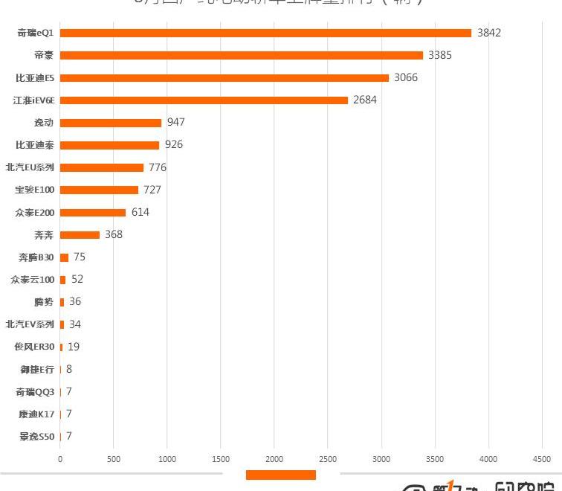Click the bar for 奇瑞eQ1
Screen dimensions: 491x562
(x=265, y=33)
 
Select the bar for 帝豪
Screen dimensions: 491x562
(x=241, y=55)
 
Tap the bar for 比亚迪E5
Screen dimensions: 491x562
(x=224, y=78)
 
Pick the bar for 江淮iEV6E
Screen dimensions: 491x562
(x=204, y=100)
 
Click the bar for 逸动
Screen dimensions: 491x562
(x=111, y=123)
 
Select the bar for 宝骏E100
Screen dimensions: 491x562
(x=99, y=190)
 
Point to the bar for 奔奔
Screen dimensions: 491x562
(x=80, y=235)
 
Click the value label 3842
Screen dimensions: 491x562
(x=489, y=33)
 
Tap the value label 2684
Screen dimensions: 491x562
(x=365, y=100)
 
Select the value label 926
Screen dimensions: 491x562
(x=174, y=144)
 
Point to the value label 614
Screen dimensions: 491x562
(x=140, y=212)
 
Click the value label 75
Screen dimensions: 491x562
(x=80, y=257)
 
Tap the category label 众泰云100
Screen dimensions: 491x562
(x=33, y=280)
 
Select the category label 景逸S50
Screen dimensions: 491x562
(x=36, y=437)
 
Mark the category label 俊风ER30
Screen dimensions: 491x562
(x=34, y=347)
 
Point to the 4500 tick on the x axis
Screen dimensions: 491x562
(x=542, y=459)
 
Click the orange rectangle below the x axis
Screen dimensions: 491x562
(x=280, y=475)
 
